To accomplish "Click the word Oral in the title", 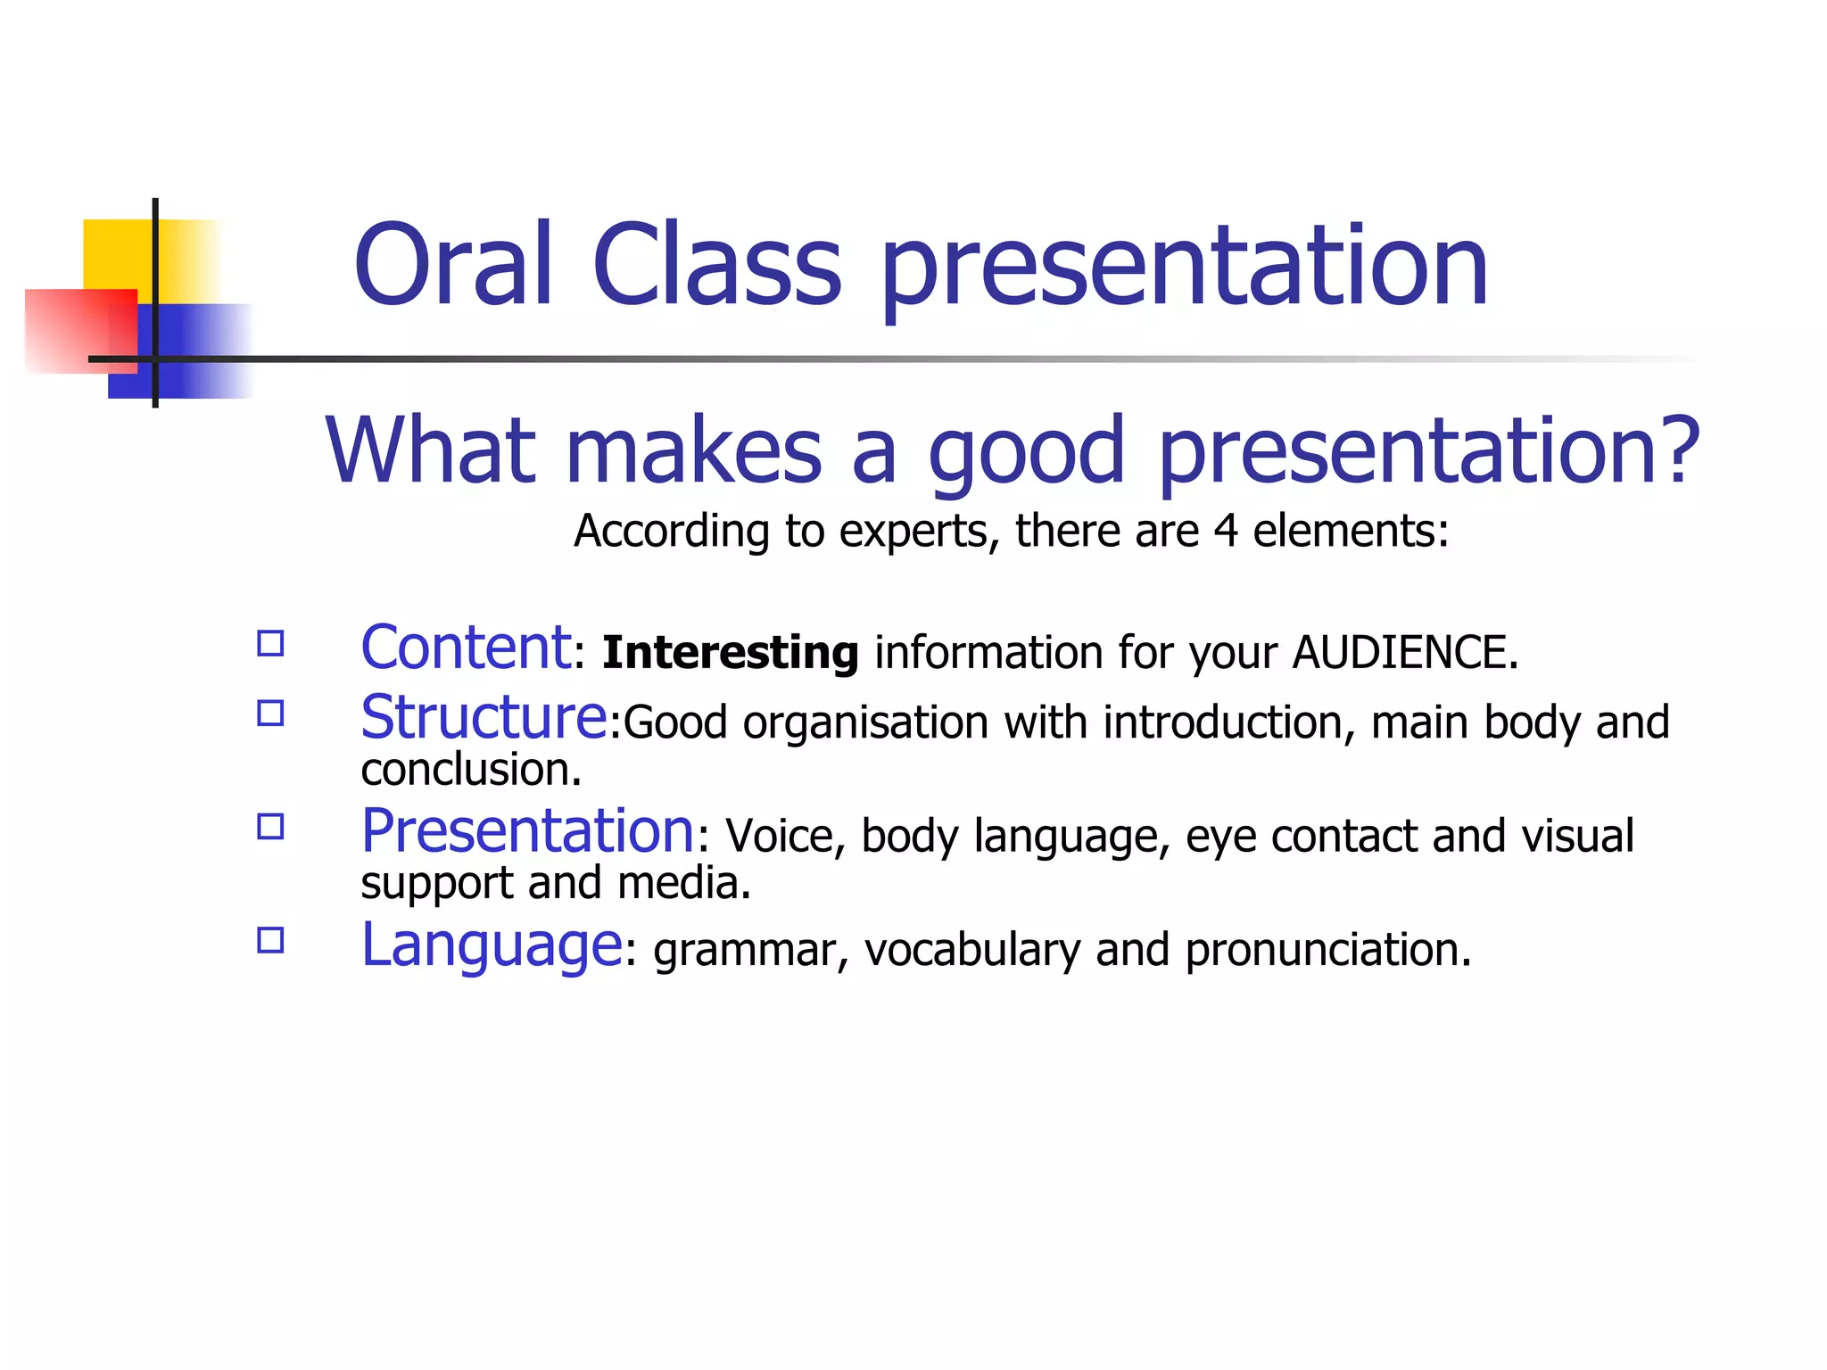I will [x=453, y=265].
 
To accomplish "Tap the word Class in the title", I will [x=716, y=265].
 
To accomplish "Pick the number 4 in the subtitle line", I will [x=1226, y=531].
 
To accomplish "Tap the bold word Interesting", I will [x=730, y=652].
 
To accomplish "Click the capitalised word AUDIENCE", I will [x=1404, y=652].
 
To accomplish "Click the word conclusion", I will [x=470, y=769].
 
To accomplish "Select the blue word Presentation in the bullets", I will [x=527, y=831].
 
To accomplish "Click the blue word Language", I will [x=491, y=945].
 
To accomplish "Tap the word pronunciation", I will [x=1327, y=950].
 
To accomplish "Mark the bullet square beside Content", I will [x=270, y=644].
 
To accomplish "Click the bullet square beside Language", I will [x=270, y=941].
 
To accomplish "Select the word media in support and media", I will [x=683, y=883].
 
